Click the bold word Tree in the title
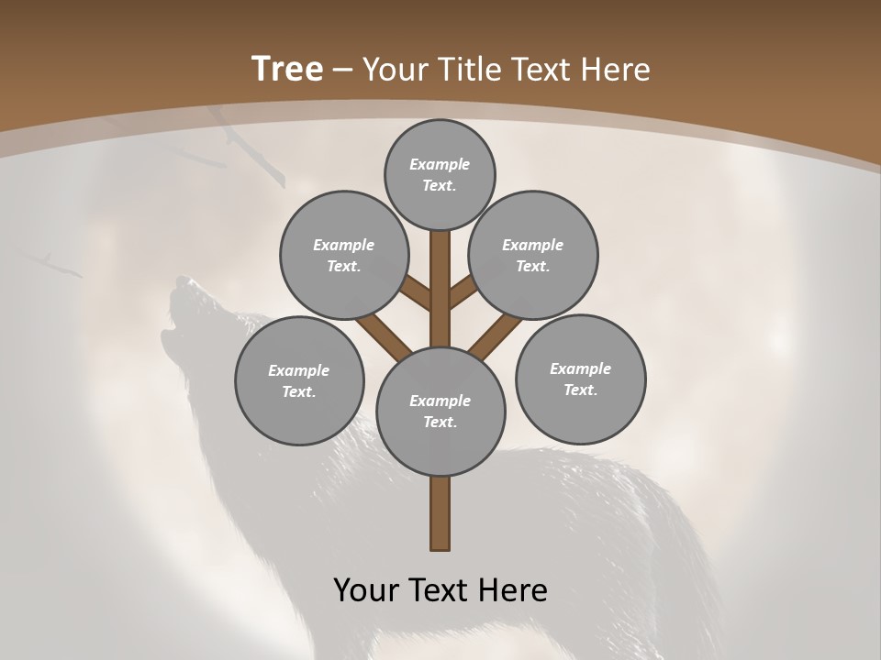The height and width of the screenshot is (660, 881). (x=287, y=70)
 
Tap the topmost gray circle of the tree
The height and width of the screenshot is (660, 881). (x=440, y=175)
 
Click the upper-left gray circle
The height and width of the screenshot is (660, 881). (x=343, y=256)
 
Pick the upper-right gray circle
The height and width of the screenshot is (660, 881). (x=533, y=256)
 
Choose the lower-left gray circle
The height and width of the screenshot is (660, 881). (x=299, y=381)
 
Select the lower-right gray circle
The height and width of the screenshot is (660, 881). (x=580, y=379)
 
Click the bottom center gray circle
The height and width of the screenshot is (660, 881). (x=440, y=412)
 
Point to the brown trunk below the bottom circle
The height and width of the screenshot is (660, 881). (x=440, y=513)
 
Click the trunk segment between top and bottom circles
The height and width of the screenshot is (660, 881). (x=440, y=289)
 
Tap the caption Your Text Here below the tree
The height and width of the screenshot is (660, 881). (x=440, y=590)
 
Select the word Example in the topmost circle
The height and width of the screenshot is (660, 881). (x=440, y=165)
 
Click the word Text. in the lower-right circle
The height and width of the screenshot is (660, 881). (x=580, y=390)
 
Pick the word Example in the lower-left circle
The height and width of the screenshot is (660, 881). (x=298, y=371)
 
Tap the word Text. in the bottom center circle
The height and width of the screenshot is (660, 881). (x=440, y=423)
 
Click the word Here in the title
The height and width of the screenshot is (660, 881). (x=619, y=70)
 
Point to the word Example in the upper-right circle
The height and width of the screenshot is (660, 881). (x=532, y=246)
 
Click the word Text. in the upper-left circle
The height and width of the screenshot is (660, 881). (x=344, y=267)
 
